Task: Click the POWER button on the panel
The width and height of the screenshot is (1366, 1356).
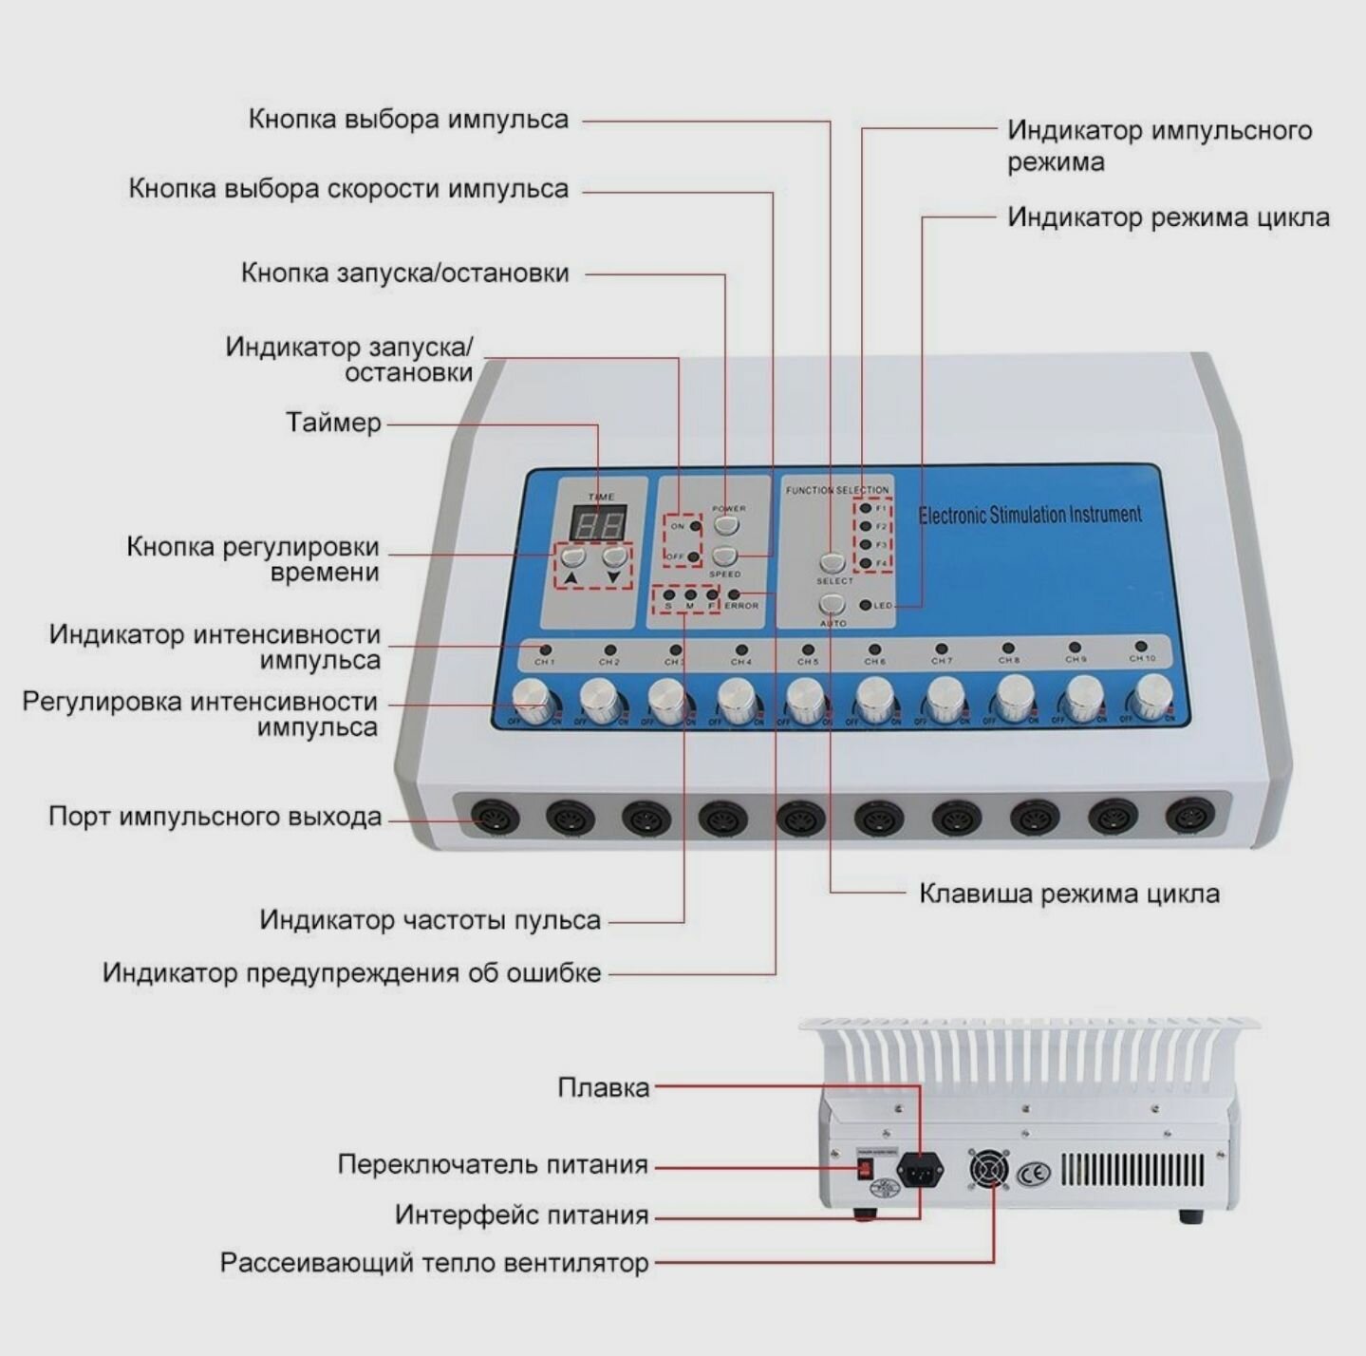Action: (726, 525)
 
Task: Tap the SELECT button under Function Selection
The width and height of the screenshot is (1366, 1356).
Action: (833, 563)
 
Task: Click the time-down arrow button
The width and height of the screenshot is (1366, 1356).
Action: (615, 556)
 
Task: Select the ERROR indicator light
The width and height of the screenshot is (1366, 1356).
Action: (733, 595)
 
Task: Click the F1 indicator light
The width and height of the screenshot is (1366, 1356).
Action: (865, 508)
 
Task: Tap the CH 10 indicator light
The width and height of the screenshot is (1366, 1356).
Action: (1142, 646)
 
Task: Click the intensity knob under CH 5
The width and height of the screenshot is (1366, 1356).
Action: (805, 701)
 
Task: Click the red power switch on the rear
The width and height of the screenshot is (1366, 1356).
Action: (865, 1169)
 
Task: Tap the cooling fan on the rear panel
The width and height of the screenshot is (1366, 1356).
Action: (989, 1170)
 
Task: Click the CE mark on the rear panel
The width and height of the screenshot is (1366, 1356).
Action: (1034, 1174)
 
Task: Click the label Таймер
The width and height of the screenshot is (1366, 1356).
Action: (333, 423)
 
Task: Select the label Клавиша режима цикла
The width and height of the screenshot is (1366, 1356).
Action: (1069, 894)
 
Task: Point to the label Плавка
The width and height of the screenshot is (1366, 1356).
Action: (603, 1087)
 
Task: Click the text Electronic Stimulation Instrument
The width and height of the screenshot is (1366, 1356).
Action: (1029, 516)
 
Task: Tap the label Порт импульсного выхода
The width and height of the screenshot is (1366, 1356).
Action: (215, 817)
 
